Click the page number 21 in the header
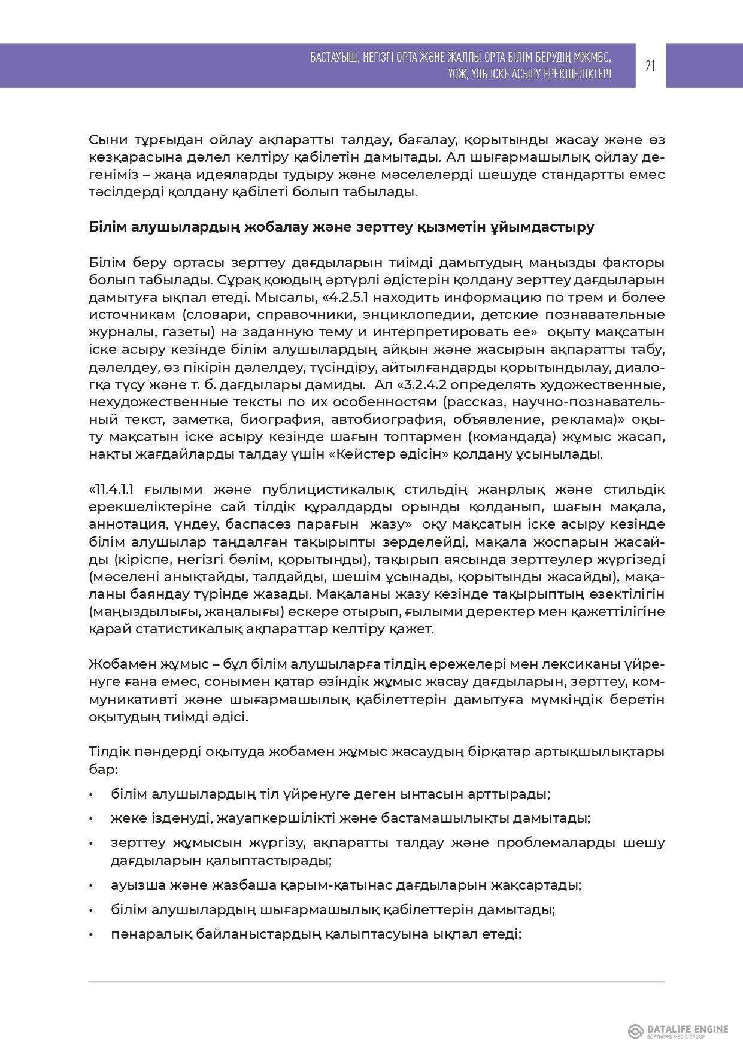(x=650, y=66)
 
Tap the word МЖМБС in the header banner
(x=590, y=57)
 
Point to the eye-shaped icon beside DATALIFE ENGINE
(x=636, y=1031)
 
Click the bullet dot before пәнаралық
(x=92, y=934)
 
